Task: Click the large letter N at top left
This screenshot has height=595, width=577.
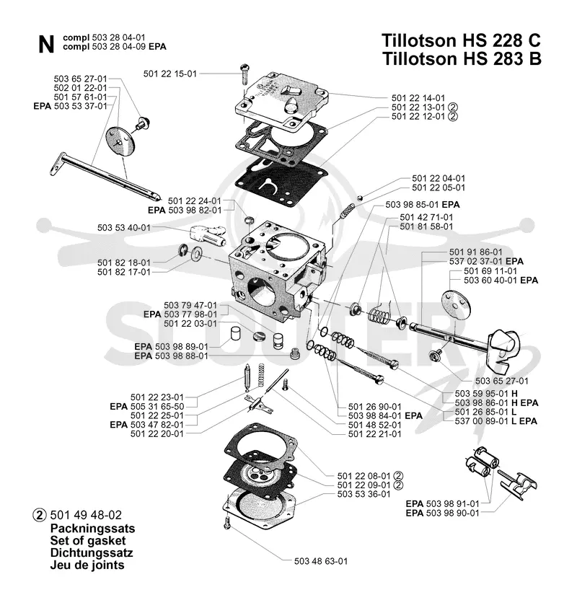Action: pos(46,45)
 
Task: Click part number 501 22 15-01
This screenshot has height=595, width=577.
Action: pos(170,74)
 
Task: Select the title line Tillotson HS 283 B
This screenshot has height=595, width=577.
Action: pos(462,59)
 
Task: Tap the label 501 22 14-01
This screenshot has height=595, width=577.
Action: pos(418,98)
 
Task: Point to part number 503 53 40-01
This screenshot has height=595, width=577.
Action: pos(124,228)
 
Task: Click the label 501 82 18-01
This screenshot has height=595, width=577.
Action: pos(124,263)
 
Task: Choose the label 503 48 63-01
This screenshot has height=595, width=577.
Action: pos(321,561)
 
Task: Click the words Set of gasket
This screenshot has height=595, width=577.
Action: pos(88,540)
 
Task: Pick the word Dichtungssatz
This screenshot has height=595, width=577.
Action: pos(92,552)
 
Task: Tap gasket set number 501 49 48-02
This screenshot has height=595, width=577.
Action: pos(86,515)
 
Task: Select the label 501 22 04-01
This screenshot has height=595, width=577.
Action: pos(439,178)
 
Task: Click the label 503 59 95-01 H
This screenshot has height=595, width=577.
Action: pos(486,393)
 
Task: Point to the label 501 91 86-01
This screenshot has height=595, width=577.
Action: pos(475,252)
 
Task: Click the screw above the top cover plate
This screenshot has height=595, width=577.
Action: pos(244,75)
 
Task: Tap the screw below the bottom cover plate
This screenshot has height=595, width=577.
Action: pos(227,523)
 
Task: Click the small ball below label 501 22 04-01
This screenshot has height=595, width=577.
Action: pos(360,198)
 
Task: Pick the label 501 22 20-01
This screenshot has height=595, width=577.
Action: pos(157,433)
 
